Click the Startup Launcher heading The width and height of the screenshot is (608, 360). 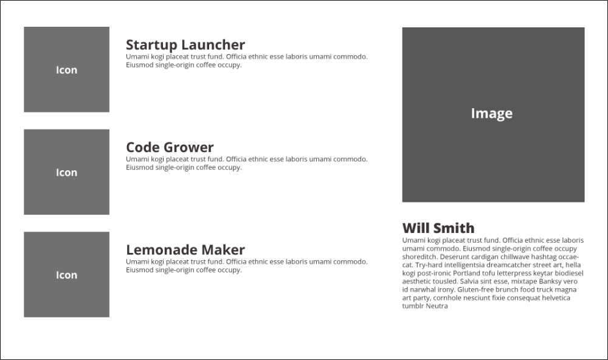(x=185, y=45)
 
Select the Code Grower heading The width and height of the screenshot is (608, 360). (x=170, y=147)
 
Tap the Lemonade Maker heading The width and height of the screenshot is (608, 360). (x=185, y=250)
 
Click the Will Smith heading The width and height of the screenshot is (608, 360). (x=438, y=227)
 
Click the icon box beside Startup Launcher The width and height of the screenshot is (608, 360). (x=67, y=69)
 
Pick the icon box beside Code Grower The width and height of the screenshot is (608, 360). (x=67, y=172)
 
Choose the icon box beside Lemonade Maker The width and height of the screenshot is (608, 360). (x=67, y=275)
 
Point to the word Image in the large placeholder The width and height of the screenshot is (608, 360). (x=492, y=113)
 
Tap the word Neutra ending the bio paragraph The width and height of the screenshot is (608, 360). (x=437, y=306)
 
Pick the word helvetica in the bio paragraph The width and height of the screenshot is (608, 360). (x=555, y=297)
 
